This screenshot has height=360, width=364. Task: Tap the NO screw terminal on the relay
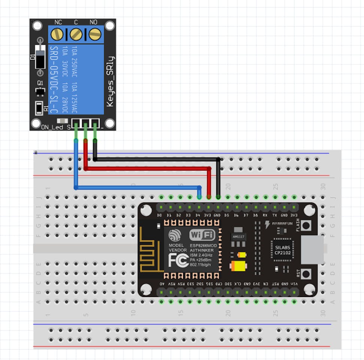point(95,34)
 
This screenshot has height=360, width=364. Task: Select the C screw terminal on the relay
point(76,34)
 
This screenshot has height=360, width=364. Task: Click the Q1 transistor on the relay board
point(39,91)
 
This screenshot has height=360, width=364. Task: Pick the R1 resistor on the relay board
point(39,108)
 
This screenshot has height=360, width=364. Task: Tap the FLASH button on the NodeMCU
point(307,225)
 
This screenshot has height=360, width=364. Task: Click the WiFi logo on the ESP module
point(203,235)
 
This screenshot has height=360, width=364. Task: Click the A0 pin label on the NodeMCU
point(162,284)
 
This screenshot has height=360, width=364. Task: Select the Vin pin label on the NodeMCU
point(295,284)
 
